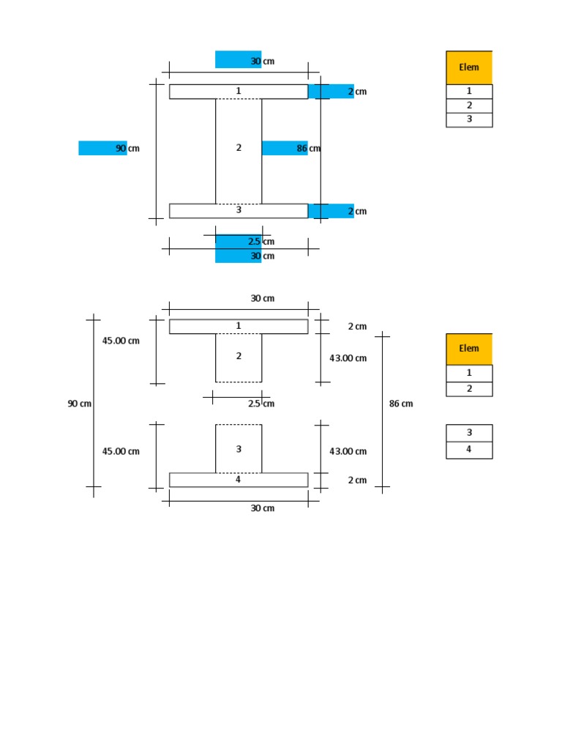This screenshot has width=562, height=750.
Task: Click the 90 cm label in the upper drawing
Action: pos(127,148)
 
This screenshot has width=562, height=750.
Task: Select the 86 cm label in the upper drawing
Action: pos(308,148)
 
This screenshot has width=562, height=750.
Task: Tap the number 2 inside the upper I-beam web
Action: pos(239,148)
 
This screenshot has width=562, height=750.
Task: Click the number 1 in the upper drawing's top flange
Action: pos(239,91)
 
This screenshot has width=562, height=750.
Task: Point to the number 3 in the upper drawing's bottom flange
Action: pos(239,210)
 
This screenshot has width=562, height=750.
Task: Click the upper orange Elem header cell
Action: pos(469,67)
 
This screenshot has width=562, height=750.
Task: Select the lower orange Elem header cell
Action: pos(469,349)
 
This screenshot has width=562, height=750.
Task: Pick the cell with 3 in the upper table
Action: pos(469,119)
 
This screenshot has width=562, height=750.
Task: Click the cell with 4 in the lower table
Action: pos(469,450)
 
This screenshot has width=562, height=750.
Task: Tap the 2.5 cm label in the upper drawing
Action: pos(261,242)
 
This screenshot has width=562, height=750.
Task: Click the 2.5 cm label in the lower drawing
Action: pos(261,404)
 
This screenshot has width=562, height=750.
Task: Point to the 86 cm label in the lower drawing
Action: pos(401,404)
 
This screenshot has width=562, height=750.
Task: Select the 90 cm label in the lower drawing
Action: pos(80,404)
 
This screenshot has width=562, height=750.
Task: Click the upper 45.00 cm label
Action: pos(121,341)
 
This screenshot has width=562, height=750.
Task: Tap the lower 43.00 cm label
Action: pos(348,451)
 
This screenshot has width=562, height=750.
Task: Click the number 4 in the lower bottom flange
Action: pos(239,480)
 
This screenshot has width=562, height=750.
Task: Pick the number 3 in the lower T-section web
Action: pos(239,449)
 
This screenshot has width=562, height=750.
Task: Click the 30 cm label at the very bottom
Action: pos(263,508)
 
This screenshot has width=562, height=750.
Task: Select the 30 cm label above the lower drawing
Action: pos(263,299)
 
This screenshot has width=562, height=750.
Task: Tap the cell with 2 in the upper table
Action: pos(469,105)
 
